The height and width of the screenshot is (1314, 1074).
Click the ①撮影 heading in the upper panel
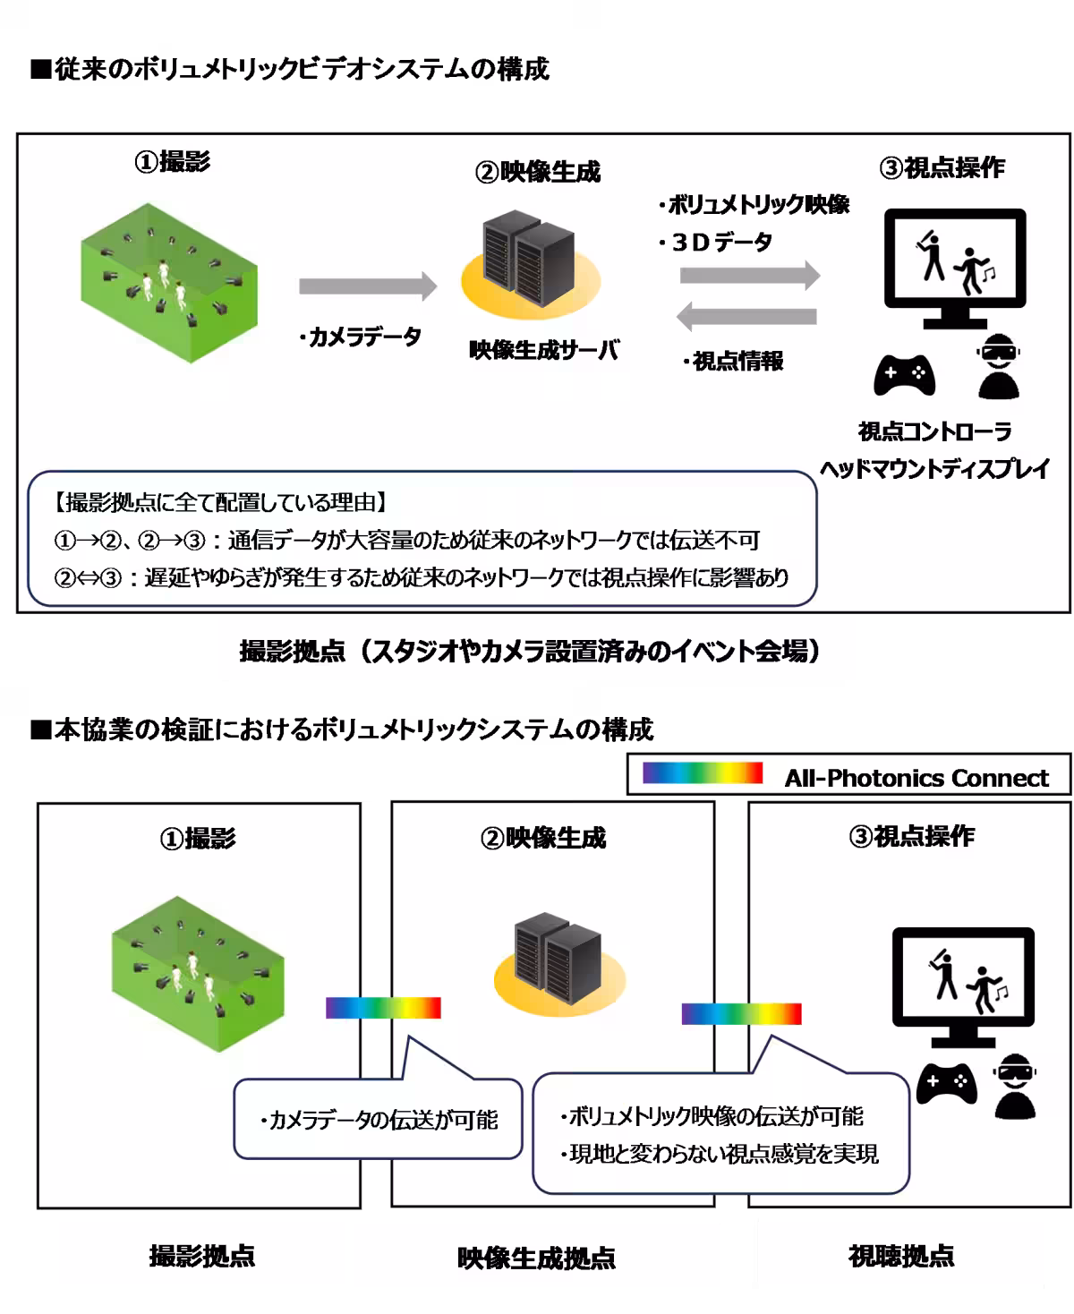pyautogui.click(x=173, y=162)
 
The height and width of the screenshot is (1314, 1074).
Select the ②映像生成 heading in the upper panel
pyautogui.click(x=538, y=172)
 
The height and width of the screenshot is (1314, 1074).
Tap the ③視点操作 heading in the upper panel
pyautogui.click(x=942, y=167)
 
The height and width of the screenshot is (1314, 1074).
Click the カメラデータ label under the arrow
pyautogui.click(x=359, y=337)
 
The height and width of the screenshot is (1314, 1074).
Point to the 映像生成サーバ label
pyautogui.click(x=544, y=350)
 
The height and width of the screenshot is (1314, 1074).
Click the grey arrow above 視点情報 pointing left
pyautogui.click(x=746, y=316)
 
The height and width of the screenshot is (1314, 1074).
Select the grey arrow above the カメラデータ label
pyautogui.click(x=367, y=286)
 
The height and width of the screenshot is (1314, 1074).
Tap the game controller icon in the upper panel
pyautogui.click(x=904, y=374)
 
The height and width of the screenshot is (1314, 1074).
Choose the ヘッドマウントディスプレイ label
pyautogui.click(x=934, y=469)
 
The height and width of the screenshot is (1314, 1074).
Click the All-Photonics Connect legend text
pyautogui.click(x=916, y=778)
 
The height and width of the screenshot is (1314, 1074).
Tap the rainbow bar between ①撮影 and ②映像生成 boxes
pyautogui.click(x=383, y=1008)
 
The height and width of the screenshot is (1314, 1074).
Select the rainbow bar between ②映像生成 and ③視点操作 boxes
pyautogui.click(x=741, y=1013)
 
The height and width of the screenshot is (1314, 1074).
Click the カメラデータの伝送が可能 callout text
pyautogui.click(x=379, y=1120)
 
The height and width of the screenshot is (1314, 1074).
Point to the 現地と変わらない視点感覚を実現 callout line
pyautogui.click(x=720, y=1154)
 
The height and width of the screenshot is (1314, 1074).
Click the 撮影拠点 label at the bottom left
pyautogui.click(x=201, y=1256)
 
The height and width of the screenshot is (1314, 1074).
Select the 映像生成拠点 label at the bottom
pyautogui.click(x=536, y=1259)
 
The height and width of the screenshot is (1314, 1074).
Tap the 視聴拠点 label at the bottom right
pyautogui.click(x=900, y=1256)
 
